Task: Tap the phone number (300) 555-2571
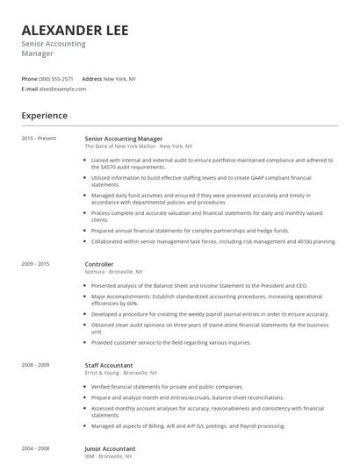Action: coord(55,79)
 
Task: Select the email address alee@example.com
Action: coord(60,89)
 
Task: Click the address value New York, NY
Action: coord(119,79)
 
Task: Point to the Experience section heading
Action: coord(44,115)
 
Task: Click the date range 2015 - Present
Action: coord(38,139)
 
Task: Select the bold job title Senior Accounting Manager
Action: coord(123,139)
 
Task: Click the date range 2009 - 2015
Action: coord(35,263)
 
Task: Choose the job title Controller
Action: coord(99,263)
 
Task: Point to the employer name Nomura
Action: coord(95,271)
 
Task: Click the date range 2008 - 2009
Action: coord(35,364)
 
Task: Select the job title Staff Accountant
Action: coord(109,364)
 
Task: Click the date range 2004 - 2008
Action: coord(35,447)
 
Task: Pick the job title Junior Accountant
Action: coord(111,447)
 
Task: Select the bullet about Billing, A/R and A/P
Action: coord(176,425)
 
